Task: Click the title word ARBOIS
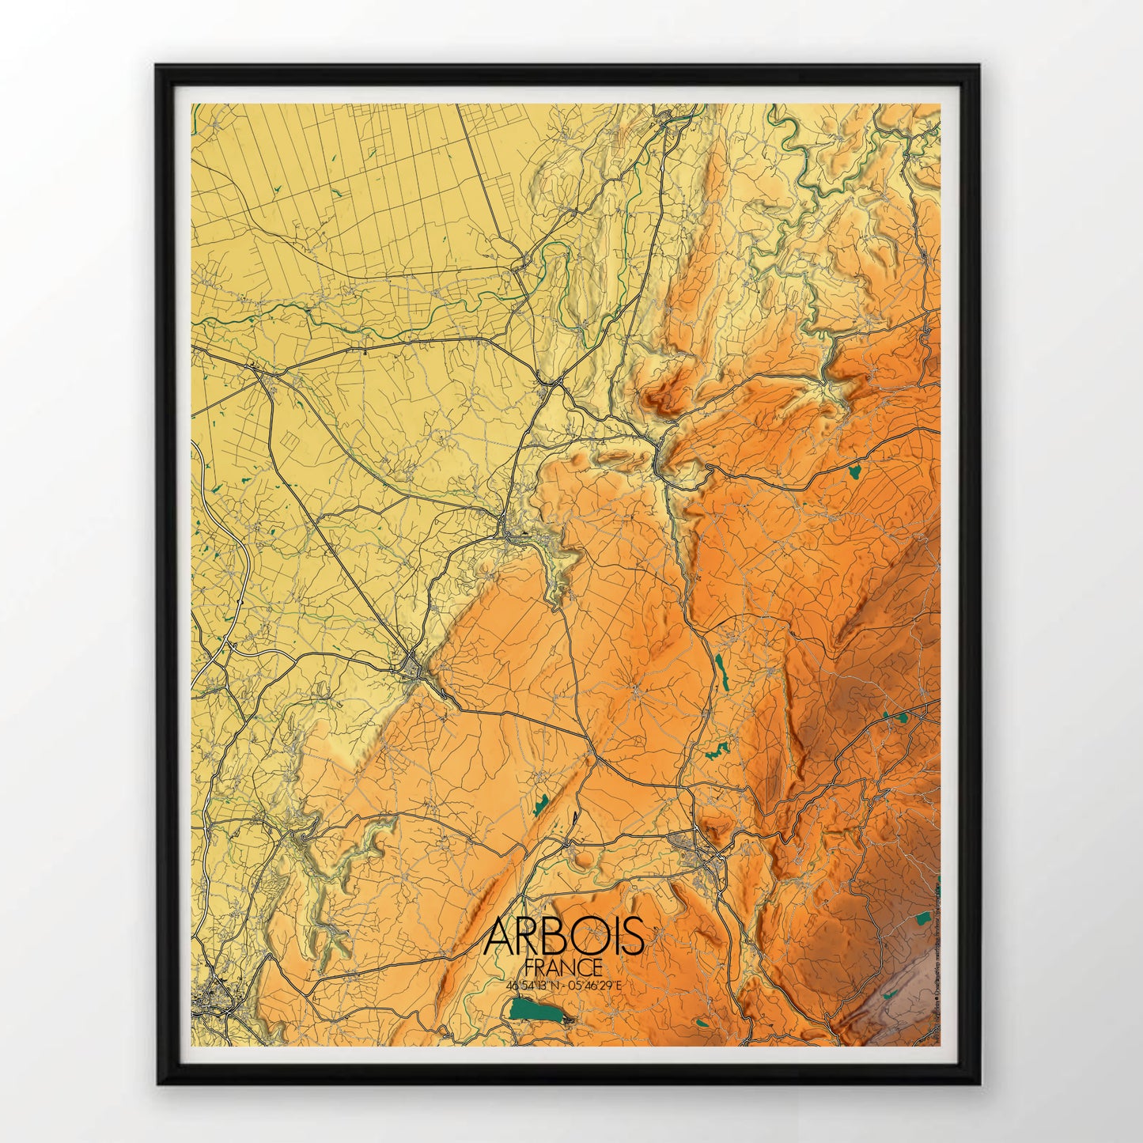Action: [x=564, y=937]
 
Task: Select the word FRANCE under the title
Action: [x=564, y=967]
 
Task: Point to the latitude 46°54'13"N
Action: [x=534, y=986]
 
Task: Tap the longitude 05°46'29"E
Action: [x=595, y=986]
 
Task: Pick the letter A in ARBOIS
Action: [x=499, y=937]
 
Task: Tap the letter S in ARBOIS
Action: [x=633, y=937]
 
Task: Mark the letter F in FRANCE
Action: [x=528, y=967]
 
